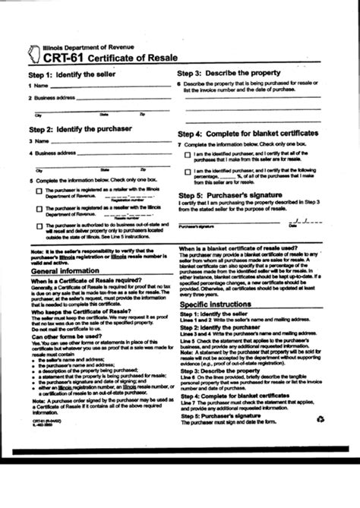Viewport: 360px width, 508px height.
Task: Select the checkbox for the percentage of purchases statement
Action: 188,173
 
